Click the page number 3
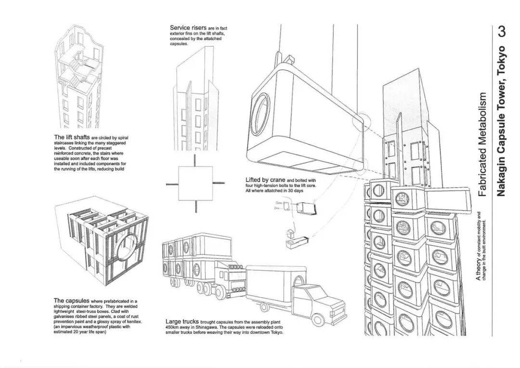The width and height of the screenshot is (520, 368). tap(502, 33)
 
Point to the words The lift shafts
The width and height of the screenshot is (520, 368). tap(72, 138)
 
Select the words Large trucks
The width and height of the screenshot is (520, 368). tap(182, 321)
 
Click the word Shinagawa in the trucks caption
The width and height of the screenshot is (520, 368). tap(201, 328)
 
